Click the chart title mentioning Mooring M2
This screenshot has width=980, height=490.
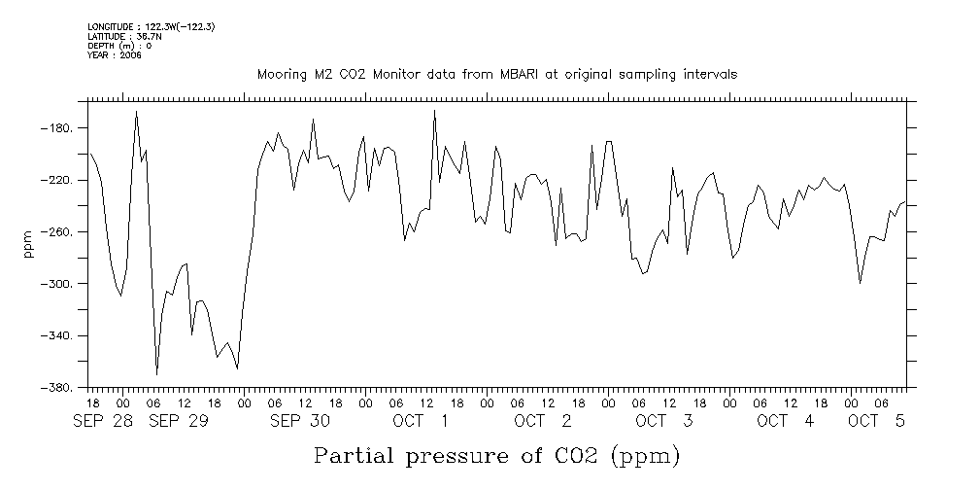pyautogui.click(x=496, y=74)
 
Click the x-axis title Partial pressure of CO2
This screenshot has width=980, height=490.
pyautogui.click(x=495, y=455)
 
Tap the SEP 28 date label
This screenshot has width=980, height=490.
pyautogui.click(x=108, y=421)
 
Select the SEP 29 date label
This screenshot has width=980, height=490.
pyautogui.click(x=179, y=421)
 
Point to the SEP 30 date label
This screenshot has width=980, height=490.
pyautogui.click(x=300, y=421)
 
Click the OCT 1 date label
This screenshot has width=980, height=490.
pyautogui.click(x=421, y=421)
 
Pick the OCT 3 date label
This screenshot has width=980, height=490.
pyautogui.click(x=663, y=421)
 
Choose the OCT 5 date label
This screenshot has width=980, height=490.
pyautogui.click(x=877, y=421)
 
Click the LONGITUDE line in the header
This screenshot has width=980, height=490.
pyautogui.click(x=151, y=26)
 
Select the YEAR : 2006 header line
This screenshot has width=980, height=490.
pyautogui.click(x=115, y=55)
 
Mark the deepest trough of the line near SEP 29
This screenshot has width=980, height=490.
pyautogui.click(x=157, y=374)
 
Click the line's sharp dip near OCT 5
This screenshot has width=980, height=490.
pyautogui.click(x=861, y=283)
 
